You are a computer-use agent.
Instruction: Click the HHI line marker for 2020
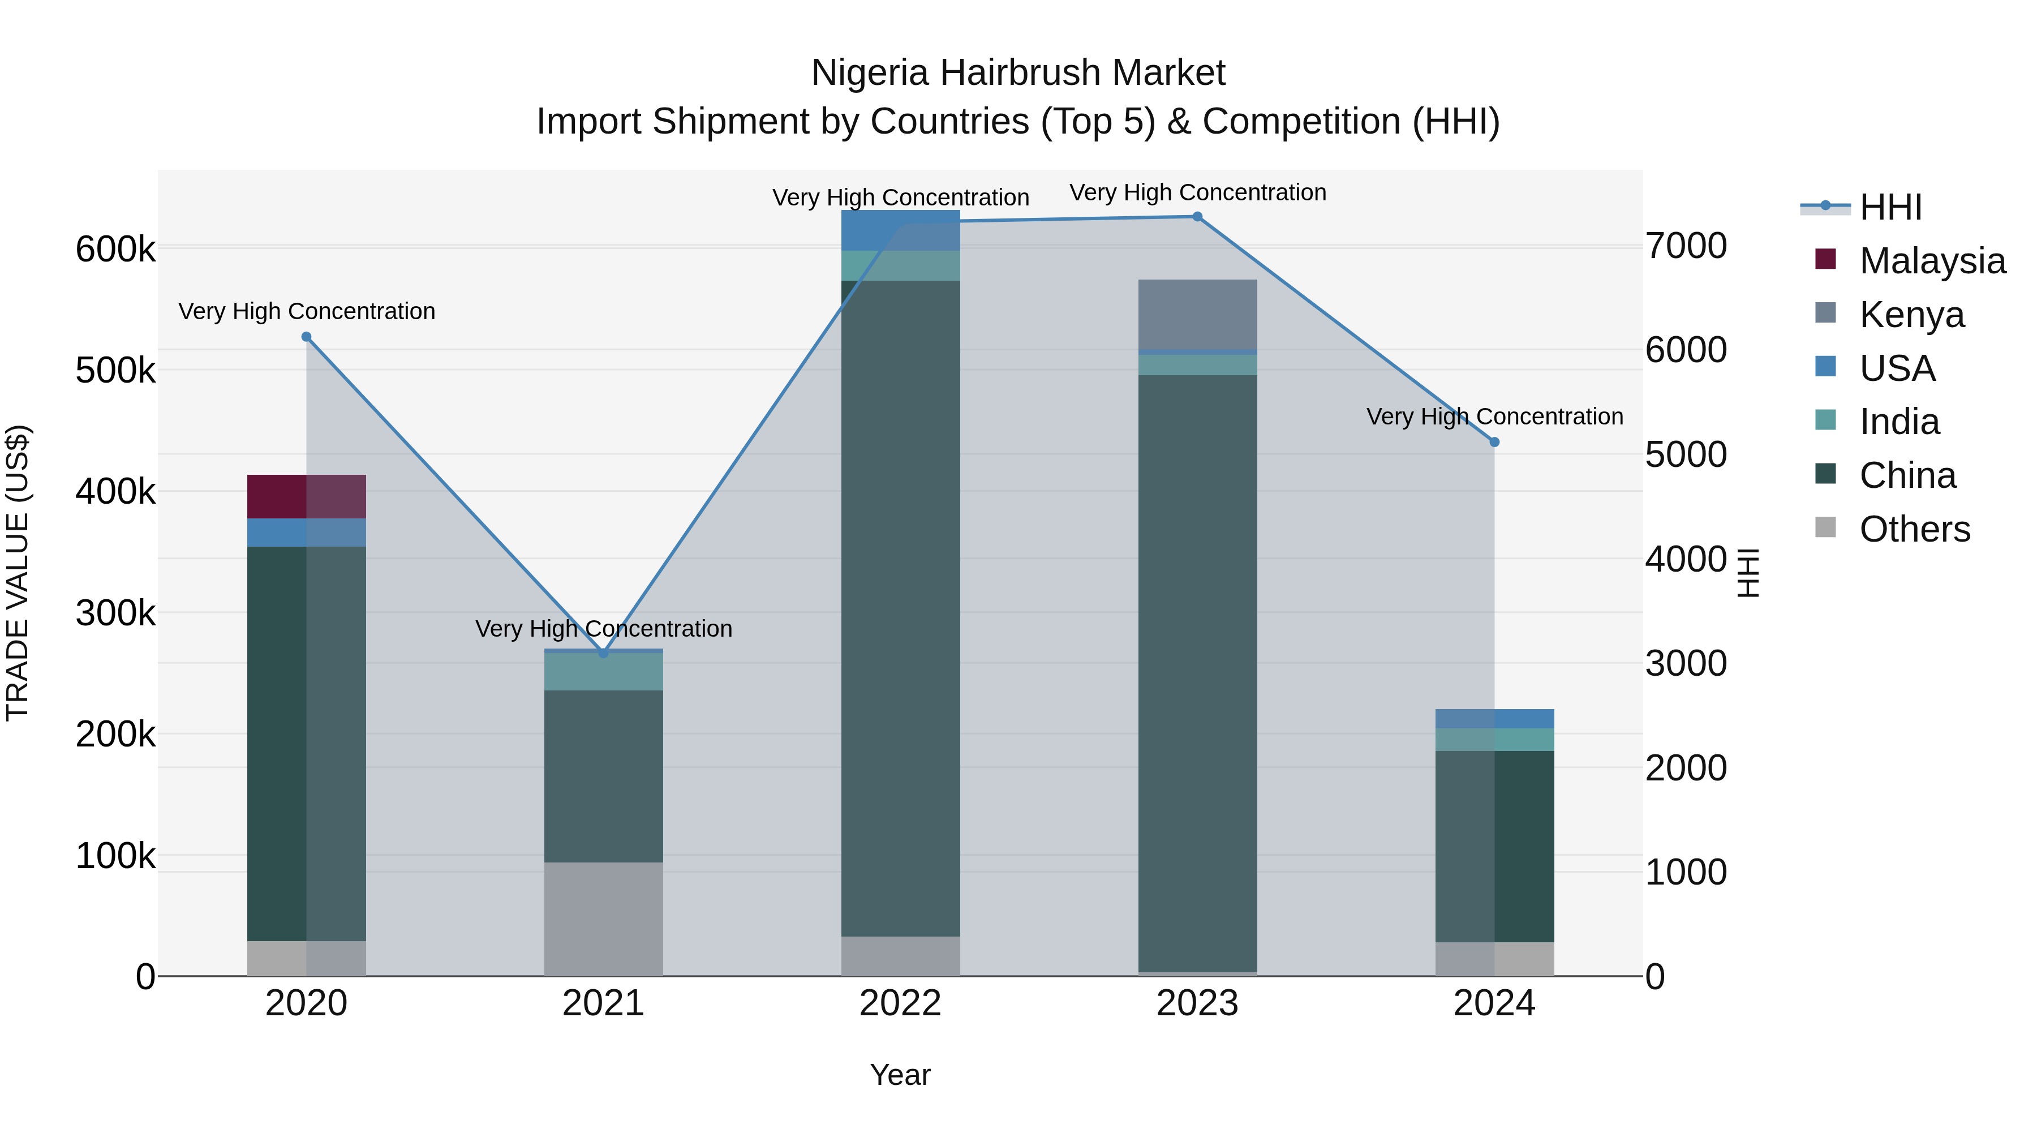[307, 337]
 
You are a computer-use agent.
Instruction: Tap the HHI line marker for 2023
[1197, 217]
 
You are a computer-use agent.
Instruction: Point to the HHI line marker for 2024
[1494, 442]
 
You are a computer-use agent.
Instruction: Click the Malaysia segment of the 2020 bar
[307, 497]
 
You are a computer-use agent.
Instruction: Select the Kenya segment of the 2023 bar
[1197, 315]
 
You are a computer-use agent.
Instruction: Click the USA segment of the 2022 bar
[901, 230]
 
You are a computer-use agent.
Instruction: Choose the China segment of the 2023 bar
[1197, 672]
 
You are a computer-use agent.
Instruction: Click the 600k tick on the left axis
[115, 249]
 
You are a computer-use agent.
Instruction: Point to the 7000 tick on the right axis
[1686, 246]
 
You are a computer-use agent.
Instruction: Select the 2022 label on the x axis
[901, 1003]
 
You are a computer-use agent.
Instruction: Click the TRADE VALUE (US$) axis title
[18, 573]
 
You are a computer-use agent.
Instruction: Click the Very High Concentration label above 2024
[1494, 416]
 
